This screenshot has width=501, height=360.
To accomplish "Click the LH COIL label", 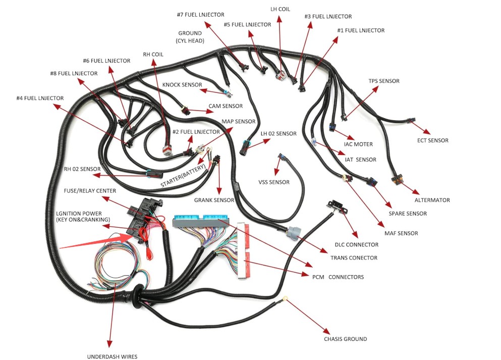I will pyautogui.click(x=280, y=9).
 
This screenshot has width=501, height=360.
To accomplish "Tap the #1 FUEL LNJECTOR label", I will pyautogui.click(x=361, y=30).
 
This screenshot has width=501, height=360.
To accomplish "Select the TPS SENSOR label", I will pyautogui.click(x=383, y=81).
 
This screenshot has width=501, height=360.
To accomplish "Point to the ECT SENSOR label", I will pyautogui.click(x=432, y=140).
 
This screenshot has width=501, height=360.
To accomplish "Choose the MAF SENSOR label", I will pyautogui.click(x=401, y=233).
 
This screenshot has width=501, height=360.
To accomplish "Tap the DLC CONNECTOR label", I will pyautogui.click(x=357, y=245).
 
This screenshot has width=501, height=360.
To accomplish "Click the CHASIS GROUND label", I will pyautogui.click(x=345, y=339).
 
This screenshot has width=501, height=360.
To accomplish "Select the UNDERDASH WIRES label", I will pyautogui.click(x=112, y=356).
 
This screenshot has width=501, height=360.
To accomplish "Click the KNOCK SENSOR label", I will pyautogui.click(x=182, y=85).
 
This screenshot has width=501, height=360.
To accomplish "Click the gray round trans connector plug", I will pyautogui.click(x=293, y=233).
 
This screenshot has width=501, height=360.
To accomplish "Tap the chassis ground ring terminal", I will pyautogui.click(x=286, y=299).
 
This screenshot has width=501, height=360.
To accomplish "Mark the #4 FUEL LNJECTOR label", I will pyautogui.click(x=40, y=97).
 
